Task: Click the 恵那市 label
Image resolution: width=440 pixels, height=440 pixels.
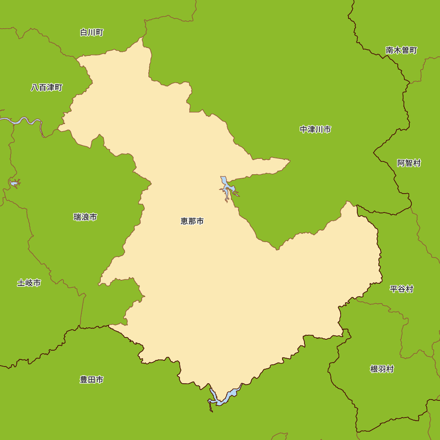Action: point(192,221)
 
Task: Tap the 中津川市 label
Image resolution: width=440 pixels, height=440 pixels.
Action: point(315,129)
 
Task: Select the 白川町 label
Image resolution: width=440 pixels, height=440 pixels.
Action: point(92,33)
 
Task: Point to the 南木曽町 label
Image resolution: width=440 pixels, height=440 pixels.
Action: point(401,50)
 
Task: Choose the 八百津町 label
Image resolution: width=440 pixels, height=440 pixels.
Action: point(47,88)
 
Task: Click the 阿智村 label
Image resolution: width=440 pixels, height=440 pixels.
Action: point(409,163)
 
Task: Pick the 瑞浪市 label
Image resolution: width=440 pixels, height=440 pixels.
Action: point(85,217)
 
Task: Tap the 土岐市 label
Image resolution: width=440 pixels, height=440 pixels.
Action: point(29,283)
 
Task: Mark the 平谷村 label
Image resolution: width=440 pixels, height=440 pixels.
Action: point(401,289)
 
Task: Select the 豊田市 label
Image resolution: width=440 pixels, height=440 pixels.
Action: point(92,380)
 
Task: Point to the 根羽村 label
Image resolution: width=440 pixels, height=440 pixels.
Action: point(382,369)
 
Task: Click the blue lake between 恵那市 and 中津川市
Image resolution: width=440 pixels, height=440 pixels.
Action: point(227,187)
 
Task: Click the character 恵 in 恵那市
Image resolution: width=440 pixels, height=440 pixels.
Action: point(184,221)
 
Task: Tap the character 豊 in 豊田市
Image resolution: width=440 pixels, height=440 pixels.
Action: point(84,380)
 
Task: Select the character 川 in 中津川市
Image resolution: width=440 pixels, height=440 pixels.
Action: point(319,129)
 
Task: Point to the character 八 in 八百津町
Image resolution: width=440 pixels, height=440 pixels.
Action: point(35,88)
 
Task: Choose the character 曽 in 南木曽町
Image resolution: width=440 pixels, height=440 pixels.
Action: point(405,50)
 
